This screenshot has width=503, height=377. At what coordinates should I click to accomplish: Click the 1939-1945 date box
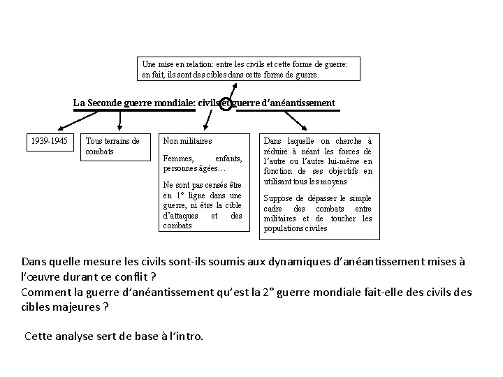click(49, 141)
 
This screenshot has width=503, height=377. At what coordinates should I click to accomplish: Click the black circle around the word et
click(226, 104)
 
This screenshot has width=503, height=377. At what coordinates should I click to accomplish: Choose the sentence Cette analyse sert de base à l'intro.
click(114, 336)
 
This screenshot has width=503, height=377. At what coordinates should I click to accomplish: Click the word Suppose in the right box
click(277, 198)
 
